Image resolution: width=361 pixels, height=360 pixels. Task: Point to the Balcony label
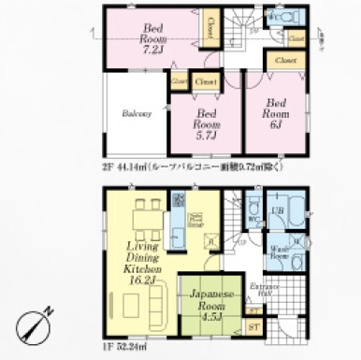pos(137,113)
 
